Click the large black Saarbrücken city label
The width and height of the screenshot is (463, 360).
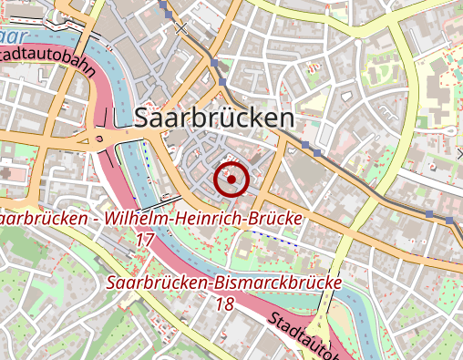point(214,118)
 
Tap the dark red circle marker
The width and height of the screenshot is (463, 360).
point(231,180)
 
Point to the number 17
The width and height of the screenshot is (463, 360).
point(144,240)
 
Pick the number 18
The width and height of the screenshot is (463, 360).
point(225,303)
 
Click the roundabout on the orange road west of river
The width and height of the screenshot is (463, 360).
point(98,139)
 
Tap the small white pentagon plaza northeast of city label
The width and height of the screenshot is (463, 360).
point(346,95)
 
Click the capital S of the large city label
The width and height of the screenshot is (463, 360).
point(144,118)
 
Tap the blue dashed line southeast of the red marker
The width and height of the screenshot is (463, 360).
point(273,236)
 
